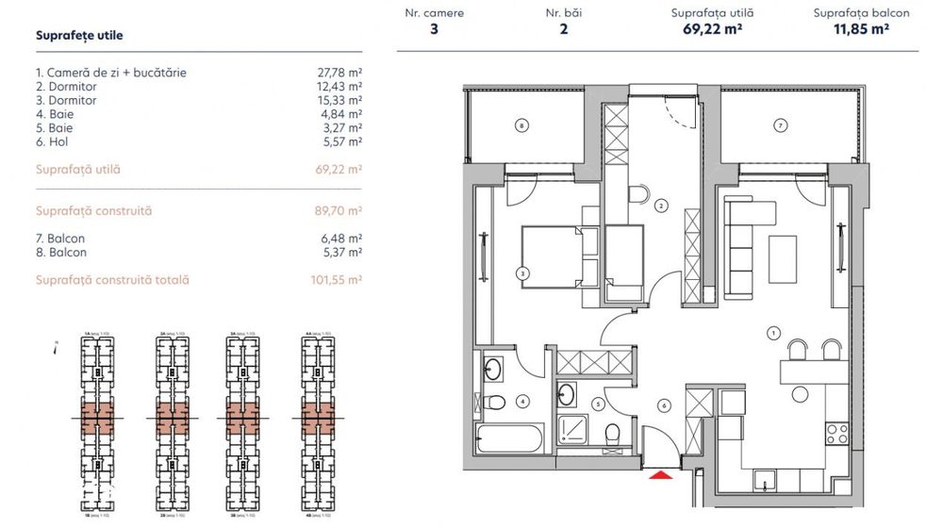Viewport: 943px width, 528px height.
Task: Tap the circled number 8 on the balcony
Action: pyautogui.click(x=521, y=124)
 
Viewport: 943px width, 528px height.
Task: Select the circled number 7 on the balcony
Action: pyautogui.click(x=780, y=124)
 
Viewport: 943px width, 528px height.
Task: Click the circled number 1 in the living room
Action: pyautogui.click(x=774, y=332)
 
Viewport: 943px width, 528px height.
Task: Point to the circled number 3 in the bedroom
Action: pyautogui.click(x=521, y=273)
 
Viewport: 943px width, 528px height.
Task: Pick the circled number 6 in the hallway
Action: pyautogui.click(x=665, y=405)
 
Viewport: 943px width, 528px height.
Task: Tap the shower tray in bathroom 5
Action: pyautogui.click(x=575, y=430)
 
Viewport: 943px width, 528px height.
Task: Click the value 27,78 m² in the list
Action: pyautogui.click(x=341, y=72)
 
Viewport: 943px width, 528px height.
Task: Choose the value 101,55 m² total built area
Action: pyautogui.click(x=340, y=280)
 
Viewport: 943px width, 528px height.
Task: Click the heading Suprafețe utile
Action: pyautogui.click(x=79, y=36)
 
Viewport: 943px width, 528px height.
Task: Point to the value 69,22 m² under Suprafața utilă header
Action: pyautogui.click(x=712, y=29)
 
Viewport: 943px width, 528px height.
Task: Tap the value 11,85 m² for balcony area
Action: pyautogui.click(x=861, y=29)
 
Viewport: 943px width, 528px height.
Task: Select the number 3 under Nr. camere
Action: pyautogui.click(x=434, y=29)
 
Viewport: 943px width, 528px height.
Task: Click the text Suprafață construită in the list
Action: pyautogui.click(x=93, y=211)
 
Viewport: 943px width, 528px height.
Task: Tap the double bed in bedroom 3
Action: pyautogui.click(x=554, y=257)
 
